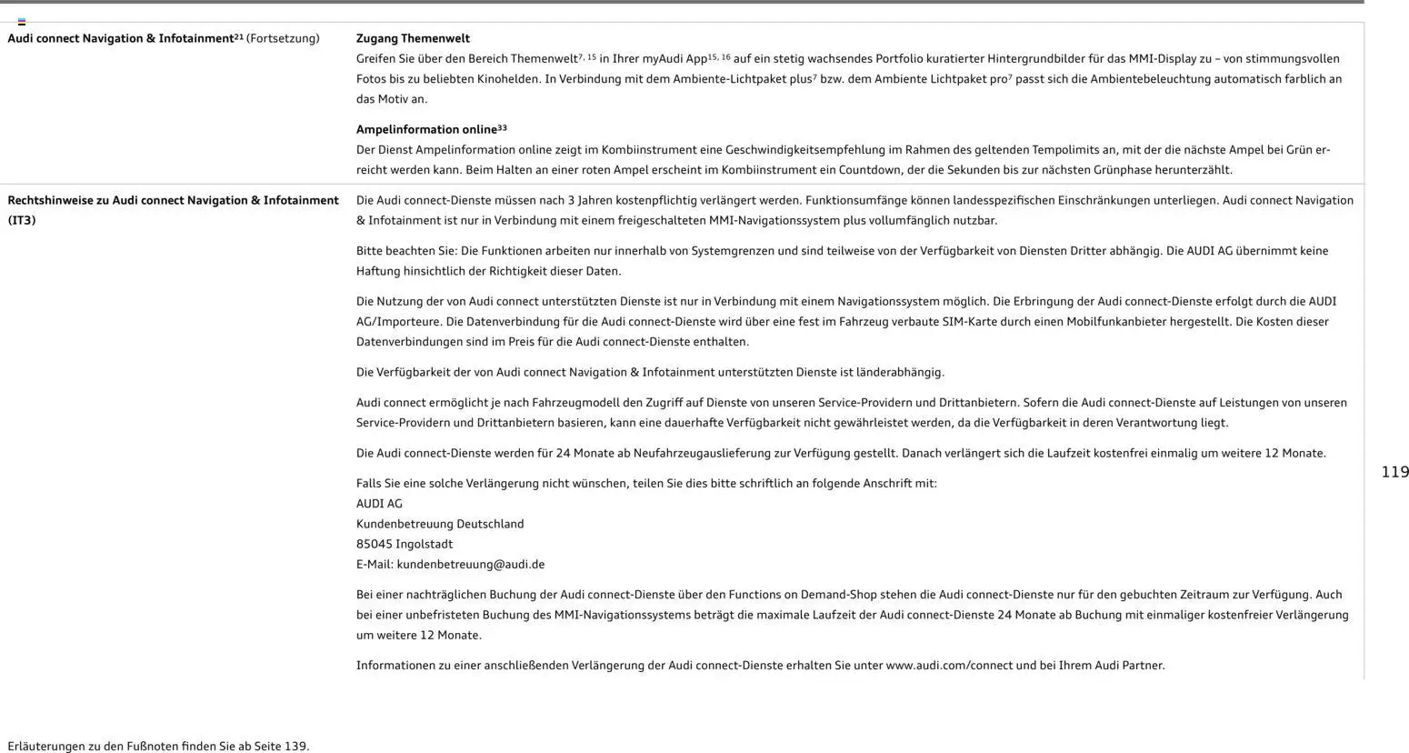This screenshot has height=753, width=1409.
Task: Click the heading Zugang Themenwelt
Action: coord(413,38)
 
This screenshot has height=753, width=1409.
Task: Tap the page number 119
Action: coord(1394,472)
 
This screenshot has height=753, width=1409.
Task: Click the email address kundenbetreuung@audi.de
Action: coord(470,564)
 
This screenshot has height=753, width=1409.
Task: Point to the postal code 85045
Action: coord(374,544)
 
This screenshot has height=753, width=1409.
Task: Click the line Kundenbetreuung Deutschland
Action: coord(440,524)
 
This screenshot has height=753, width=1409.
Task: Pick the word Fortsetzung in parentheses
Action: coord(283,38)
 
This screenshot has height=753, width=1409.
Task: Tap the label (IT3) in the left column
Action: coord(22,220)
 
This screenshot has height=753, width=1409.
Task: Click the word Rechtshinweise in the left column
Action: coord(50,200)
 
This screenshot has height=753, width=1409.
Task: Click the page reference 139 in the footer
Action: coord(295,747)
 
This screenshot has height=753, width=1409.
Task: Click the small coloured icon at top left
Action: coord(22,22)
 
